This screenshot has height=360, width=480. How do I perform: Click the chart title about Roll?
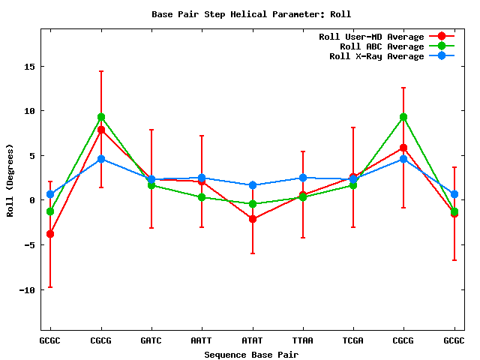(251, 14)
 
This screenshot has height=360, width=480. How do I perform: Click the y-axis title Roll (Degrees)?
(10, 179)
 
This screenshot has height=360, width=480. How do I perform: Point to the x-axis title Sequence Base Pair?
(251, 354)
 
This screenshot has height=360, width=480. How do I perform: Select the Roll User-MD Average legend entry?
(371, 37)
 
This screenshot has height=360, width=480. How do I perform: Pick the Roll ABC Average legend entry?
(371, 46)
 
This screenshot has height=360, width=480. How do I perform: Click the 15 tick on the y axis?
(30, 66)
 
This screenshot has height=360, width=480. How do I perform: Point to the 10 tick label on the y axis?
(30, 111)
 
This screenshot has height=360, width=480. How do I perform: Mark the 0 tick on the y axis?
(33, 200)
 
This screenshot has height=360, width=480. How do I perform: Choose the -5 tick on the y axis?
(30, 245)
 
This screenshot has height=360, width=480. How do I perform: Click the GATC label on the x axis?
(151, 340)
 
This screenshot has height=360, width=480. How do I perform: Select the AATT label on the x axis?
(202, 340)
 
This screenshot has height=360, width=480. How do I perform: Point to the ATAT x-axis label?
(252, 340)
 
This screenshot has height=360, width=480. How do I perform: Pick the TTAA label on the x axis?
(302, 340)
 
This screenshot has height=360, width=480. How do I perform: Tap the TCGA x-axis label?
(352, 340)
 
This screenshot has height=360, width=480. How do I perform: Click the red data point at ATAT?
(252, 219)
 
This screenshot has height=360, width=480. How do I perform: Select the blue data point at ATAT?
(252, 185)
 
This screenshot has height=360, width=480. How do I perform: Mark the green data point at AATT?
(202, 197)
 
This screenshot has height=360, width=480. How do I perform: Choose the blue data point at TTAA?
(302, 178)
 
